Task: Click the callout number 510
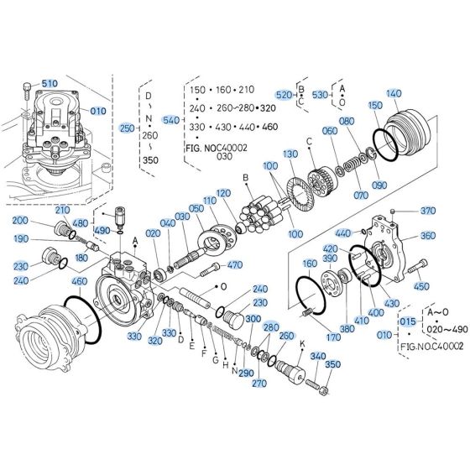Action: click(50, 84)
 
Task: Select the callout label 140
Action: click(394, 94)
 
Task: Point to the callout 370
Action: click(428, 211)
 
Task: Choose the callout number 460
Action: click(80, 280)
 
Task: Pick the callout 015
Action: click(407, 321)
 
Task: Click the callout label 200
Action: click(19, 221)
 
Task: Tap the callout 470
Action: click(234, 265)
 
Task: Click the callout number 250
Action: click(127, 128)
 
